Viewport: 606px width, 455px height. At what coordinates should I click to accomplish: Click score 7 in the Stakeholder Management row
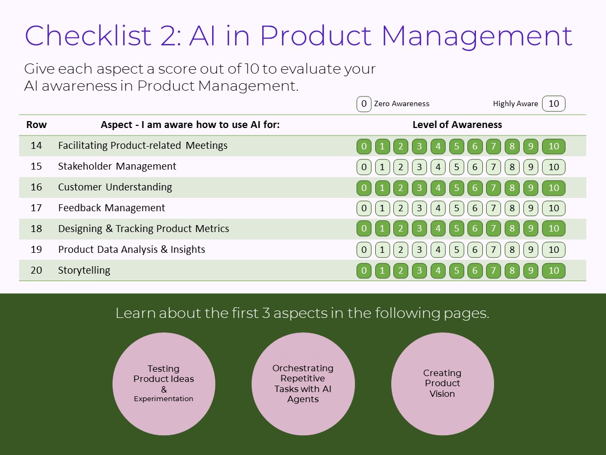pyautogui.click(x=494, y=167)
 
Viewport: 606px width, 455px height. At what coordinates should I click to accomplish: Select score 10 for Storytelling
pyautogui.click(x=554, y=270)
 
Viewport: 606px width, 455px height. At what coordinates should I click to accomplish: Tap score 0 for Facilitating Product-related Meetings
pyautogui.click(x=364, y=146)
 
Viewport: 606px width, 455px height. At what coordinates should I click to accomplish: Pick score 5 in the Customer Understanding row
pyautogui.click(x=456, y=188)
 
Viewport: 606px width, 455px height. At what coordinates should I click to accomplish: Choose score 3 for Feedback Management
pyautogui.click(x=419, y=209)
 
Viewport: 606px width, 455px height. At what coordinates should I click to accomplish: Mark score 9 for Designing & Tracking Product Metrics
pyautogui.click(x=530, y=229)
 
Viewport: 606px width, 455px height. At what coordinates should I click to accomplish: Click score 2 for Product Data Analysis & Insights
pyautogui.click(x=400, y=250)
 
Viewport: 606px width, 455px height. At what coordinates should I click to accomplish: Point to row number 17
pyautogui.click(x=36, y=208)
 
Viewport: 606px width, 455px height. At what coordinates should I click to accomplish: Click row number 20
pyautogui.click(x=36, y=270)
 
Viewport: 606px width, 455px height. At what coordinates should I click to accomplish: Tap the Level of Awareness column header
pyautogui.click(x=457, y=125)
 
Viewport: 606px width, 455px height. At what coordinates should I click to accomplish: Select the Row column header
pyautogui.click(x=36, y=125)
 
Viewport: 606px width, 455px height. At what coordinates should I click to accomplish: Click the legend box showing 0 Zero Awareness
pyautogui.click(x=364, y=103)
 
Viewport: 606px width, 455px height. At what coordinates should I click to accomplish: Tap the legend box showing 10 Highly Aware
pyautogui.click(x=554, y=103)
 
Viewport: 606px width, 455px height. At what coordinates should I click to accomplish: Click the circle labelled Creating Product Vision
pyautogui.click(x=442, y=384)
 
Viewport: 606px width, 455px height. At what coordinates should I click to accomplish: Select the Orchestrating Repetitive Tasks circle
pyautogui.click(x=303, y=384)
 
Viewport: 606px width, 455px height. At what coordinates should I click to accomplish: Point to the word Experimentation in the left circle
pyautogui.click(x=164, y=399)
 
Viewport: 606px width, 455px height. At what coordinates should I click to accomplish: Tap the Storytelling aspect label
pyautogui.click(x=84, y=270)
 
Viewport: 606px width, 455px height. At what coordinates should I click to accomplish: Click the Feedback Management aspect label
pyautogui.click(x=111, y=208)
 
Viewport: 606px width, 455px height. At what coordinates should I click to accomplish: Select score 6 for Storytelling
pyautogui.click(x=475, y=270)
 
